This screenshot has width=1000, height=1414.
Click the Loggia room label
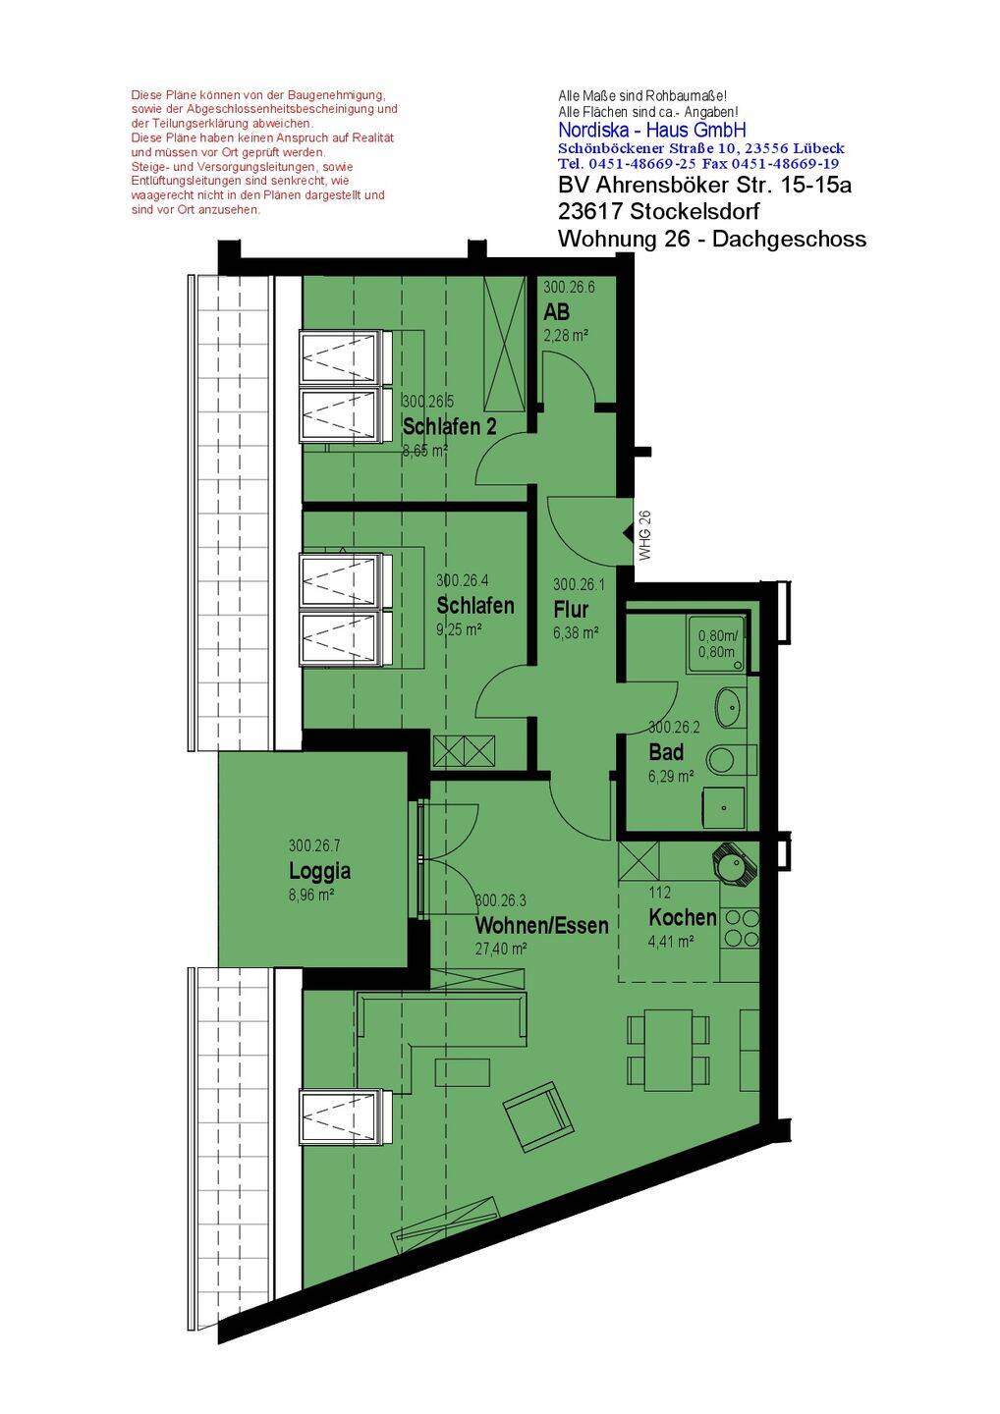(319, 870)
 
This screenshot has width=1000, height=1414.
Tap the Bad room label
(665, 752)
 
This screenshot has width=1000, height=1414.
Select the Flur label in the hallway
(571, 609)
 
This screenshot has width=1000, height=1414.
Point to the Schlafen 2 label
(450, 426)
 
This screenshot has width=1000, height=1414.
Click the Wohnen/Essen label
(541, 925)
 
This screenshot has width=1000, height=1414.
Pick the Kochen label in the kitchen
(683, 916)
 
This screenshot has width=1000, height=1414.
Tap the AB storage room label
(556, 311)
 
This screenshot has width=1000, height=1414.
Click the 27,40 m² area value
(501, 949)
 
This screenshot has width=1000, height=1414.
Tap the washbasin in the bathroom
(731, 706)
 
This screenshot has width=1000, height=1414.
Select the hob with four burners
(740, 929)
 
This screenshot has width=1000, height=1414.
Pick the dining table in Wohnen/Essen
(669, 1050)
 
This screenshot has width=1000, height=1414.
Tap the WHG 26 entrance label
(644, 535)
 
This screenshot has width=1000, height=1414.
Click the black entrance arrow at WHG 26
(628, 534)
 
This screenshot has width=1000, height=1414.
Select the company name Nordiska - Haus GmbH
(652, 130)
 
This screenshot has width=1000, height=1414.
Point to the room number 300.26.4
(462, 580)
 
